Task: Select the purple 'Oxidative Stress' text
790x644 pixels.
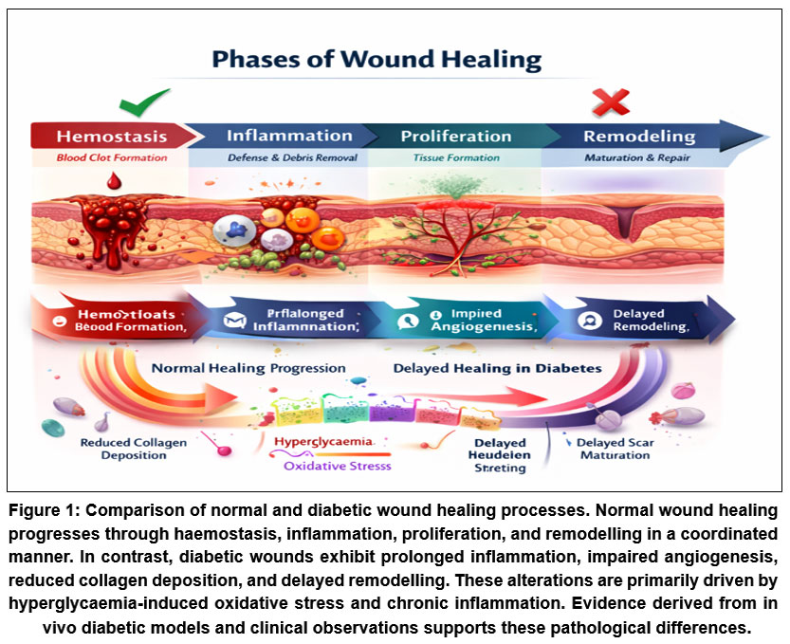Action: (x=337, y=466)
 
